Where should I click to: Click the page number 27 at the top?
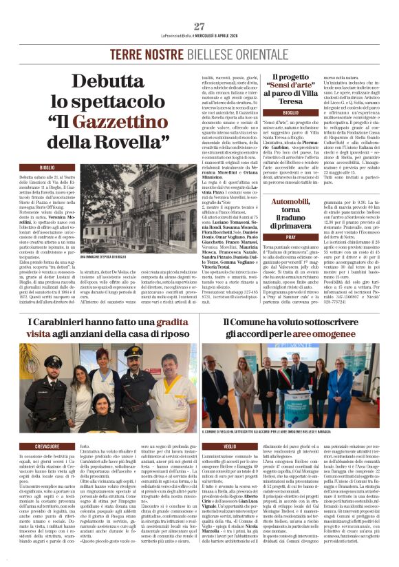199,26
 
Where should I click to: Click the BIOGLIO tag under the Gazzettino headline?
47,167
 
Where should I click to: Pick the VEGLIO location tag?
212,446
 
